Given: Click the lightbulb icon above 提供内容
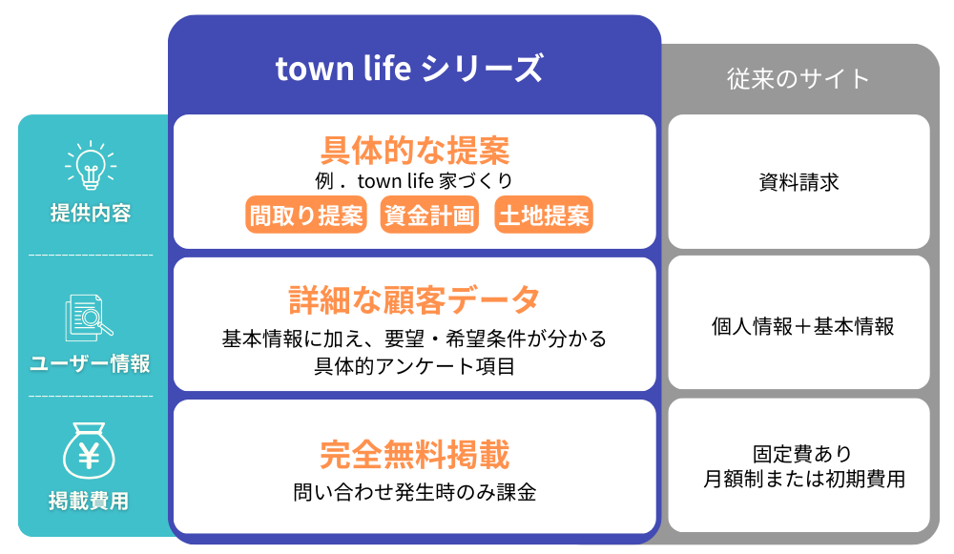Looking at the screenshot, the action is click(91, 165).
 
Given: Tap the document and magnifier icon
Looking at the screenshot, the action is click(89, 318).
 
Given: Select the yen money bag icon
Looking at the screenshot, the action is click(89, 451).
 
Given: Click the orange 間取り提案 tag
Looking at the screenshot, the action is click(306, 215).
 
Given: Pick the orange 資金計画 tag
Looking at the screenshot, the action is click(429, 215).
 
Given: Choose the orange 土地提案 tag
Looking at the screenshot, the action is click(544, 215).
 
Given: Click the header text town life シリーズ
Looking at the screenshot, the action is click(409, 68).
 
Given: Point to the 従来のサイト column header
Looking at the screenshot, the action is click(798, 79).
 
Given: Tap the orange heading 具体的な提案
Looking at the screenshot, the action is click(415, 151).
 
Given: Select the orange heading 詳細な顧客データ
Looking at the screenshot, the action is click(414, 299).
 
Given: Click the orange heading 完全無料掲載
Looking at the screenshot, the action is click(415, 454).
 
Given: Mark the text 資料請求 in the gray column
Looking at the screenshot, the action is click(798, 182).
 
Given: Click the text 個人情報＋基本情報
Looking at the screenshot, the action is click(802, 326).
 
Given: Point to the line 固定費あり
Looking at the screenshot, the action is click(802, 454).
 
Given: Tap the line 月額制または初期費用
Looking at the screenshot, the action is click(804, 480).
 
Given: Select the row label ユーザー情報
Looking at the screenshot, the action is click(90, 363).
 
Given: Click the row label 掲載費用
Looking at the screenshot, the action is click(89, 502).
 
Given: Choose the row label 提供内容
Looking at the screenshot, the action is click(91, 213).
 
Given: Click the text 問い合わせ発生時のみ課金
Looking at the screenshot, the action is click(414, 492).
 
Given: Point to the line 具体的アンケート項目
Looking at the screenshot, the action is click(414, 366).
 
